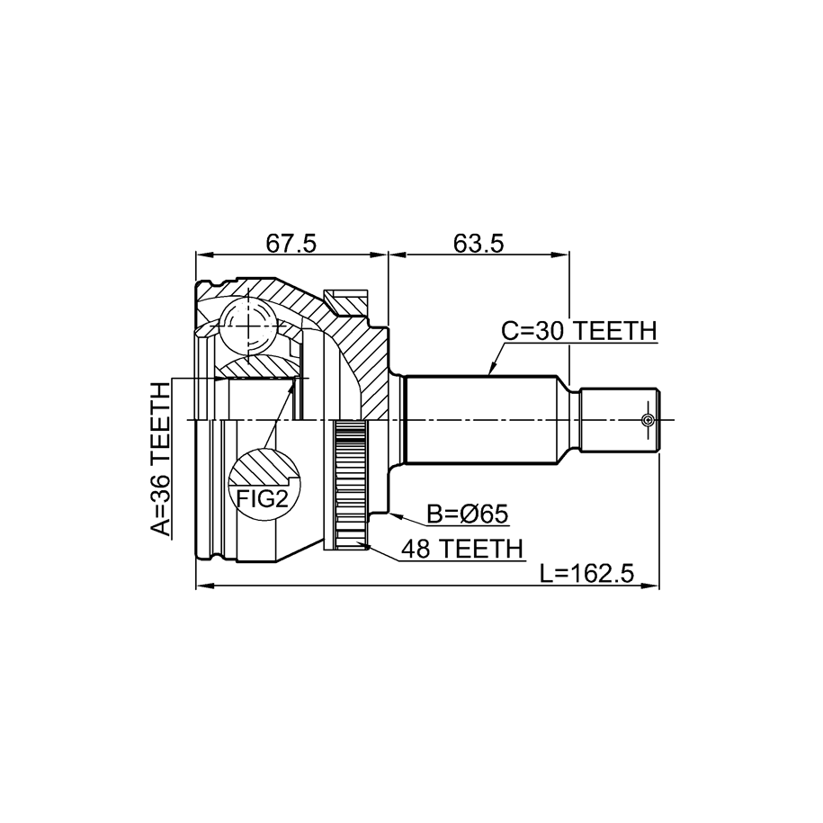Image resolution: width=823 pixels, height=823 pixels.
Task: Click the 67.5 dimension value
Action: (291, 244)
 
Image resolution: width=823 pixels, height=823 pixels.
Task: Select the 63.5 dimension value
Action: (479, 244)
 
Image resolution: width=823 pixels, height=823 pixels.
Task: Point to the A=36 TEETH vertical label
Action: (161, 459)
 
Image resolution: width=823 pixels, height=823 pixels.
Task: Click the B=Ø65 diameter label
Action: (467, 514)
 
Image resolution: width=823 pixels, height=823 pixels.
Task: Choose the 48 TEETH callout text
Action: (462, 549)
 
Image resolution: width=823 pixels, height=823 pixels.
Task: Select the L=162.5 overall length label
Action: (587, 573)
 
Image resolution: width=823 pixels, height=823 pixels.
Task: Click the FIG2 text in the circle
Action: (263, 498)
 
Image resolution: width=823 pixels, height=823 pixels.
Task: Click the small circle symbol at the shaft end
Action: (649, 420)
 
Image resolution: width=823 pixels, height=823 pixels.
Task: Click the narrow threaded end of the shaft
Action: (620, 420)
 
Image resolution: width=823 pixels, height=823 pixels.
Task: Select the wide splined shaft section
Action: (481, 420)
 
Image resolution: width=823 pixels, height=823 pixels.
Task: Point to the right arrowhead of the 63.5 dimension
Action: (559, 255)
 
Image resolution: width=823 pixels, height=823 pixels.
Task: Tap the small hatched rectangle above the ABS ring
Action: (346, 302)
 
